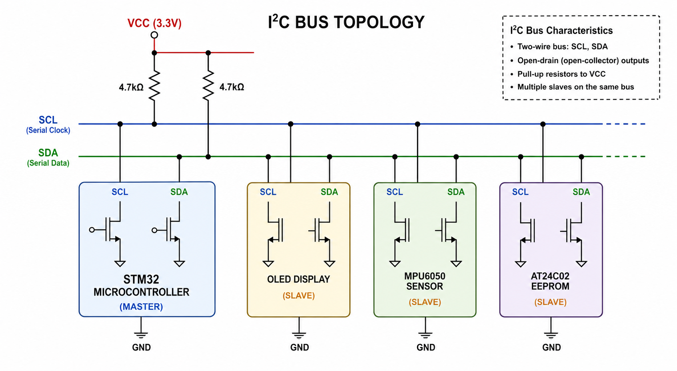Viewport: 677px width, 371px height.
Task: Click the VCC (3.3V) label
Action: point(154,23)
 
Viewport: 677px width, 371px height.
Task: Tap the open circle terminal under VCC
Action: point(154,35)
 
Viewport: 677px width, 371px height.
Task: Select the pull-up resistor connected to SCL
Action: point(154,86)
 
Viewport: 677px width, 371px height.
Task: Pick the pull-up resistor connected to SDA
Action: point(208,86)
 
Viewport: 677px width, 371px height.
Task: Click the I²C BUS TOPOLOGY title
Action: point(346,22)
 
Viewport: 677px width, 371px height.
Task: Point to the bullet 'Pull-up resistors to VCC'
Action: point(561,74)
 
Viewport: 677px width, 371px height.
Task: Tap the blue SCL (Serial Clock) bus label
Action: point(48,124)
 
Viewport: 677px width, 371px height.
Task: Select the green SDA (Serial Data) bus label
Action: point(48,157)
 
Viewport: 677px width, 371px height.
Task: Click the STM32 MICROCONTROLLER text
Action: point(141,286)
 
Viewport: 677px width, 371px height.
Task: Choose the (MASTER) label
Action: point(141,307)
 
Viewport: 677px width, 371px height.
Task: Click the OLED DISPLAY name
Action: point(299,279)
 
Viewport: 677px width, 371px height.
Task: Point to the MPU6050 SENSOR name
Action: point(425,281)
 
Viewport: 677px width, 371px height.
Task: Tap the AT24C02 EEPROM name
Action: point(550,281)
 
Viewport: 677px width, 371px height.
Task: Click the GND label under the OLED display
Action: point(300,347)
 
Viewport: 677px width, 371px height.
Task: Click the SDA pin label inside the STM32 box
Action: point(179,192)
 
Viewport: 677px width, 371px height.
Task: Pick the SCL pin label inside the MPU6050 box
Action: point(395,192)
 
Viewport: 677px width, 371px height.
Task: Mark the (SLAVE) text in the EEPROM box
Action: point(550,302)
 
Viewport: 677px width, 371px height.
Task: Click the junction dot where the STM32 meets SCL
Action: point(120,124)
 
